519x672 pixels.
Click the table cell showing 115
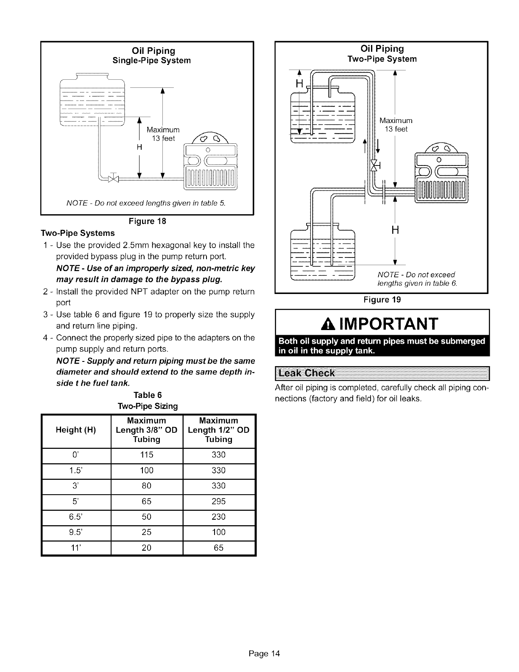[x=146, y=455]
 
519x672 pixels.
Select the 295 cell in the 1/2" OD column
[x=218, y=501]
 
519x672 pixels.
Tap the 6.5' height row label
[x=76, y=517]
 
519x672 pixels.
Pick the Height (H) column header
[x=76, y=430]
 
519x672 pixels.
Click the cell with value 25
[x=146, y=532]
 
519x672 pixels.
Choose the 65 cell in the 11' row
[x=218, y=548]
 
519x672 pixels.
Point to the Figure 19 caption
[x=381, y=300]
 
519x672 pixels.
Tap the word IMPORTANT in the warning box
[x=390, y=324]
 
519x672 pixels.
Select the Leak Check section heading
[x=306, y=373]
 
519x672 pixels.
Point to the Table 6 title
[x=147, y=395]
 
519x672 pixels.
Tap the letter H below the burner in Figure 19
[x=394, y=230]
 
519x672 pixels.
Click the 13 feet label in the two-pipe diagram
[x=396, y=129]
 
